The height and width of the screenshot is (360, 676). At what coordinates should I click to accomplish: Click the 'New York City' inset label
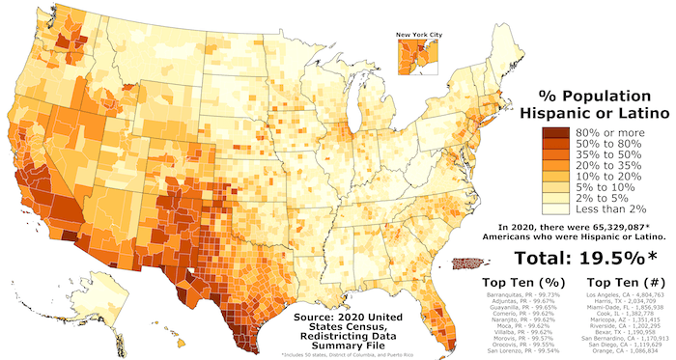point(419,36)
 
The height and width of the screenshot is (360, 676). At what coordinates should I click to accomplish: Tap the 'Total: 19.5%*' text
point(572,258)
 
